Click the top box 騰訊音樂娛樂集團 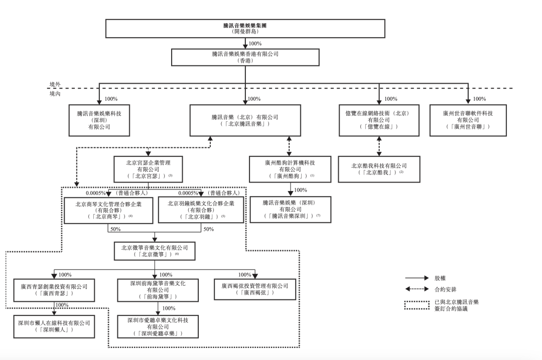point(244,28)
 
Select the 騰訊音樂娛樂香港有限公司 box point(245,57)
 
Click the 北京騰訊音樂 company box point(245,120)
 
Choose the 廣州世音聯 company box point(468,120)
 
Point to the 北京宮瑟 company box point(149,169)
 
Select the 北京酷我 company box point(378,168)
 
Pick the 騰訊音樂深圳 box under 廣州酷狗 point(291,209)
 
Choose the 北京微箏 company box point(154,250)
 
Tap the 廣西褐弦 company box point(255,289)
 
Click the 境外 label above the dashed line point(55,85)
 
